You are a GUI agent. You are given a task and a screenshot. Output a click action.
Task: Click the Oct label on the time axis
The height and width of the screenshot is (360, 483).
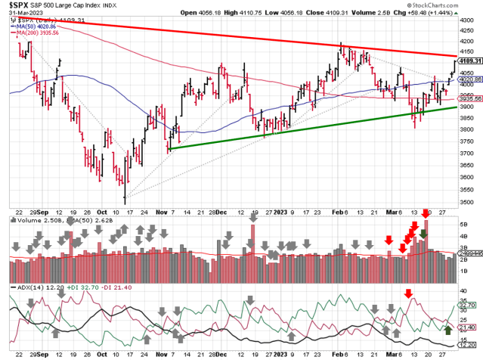coord(103,214)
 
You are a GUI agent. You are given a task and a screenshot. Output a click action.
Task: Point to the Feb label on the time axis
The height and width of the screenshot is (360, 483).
coord(340,214)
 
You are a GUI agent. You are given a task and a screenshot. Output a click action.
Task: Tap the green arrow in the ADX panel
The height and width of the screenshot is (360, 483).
coord(448,329)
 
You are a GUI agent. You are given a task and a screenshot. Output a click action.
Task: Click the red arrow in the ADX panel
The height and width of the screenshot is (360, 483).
coord(409,293)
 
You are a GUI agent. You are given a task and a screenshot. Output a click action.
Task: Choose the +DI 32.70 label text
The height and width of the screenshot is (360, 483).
coord(79,288)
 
